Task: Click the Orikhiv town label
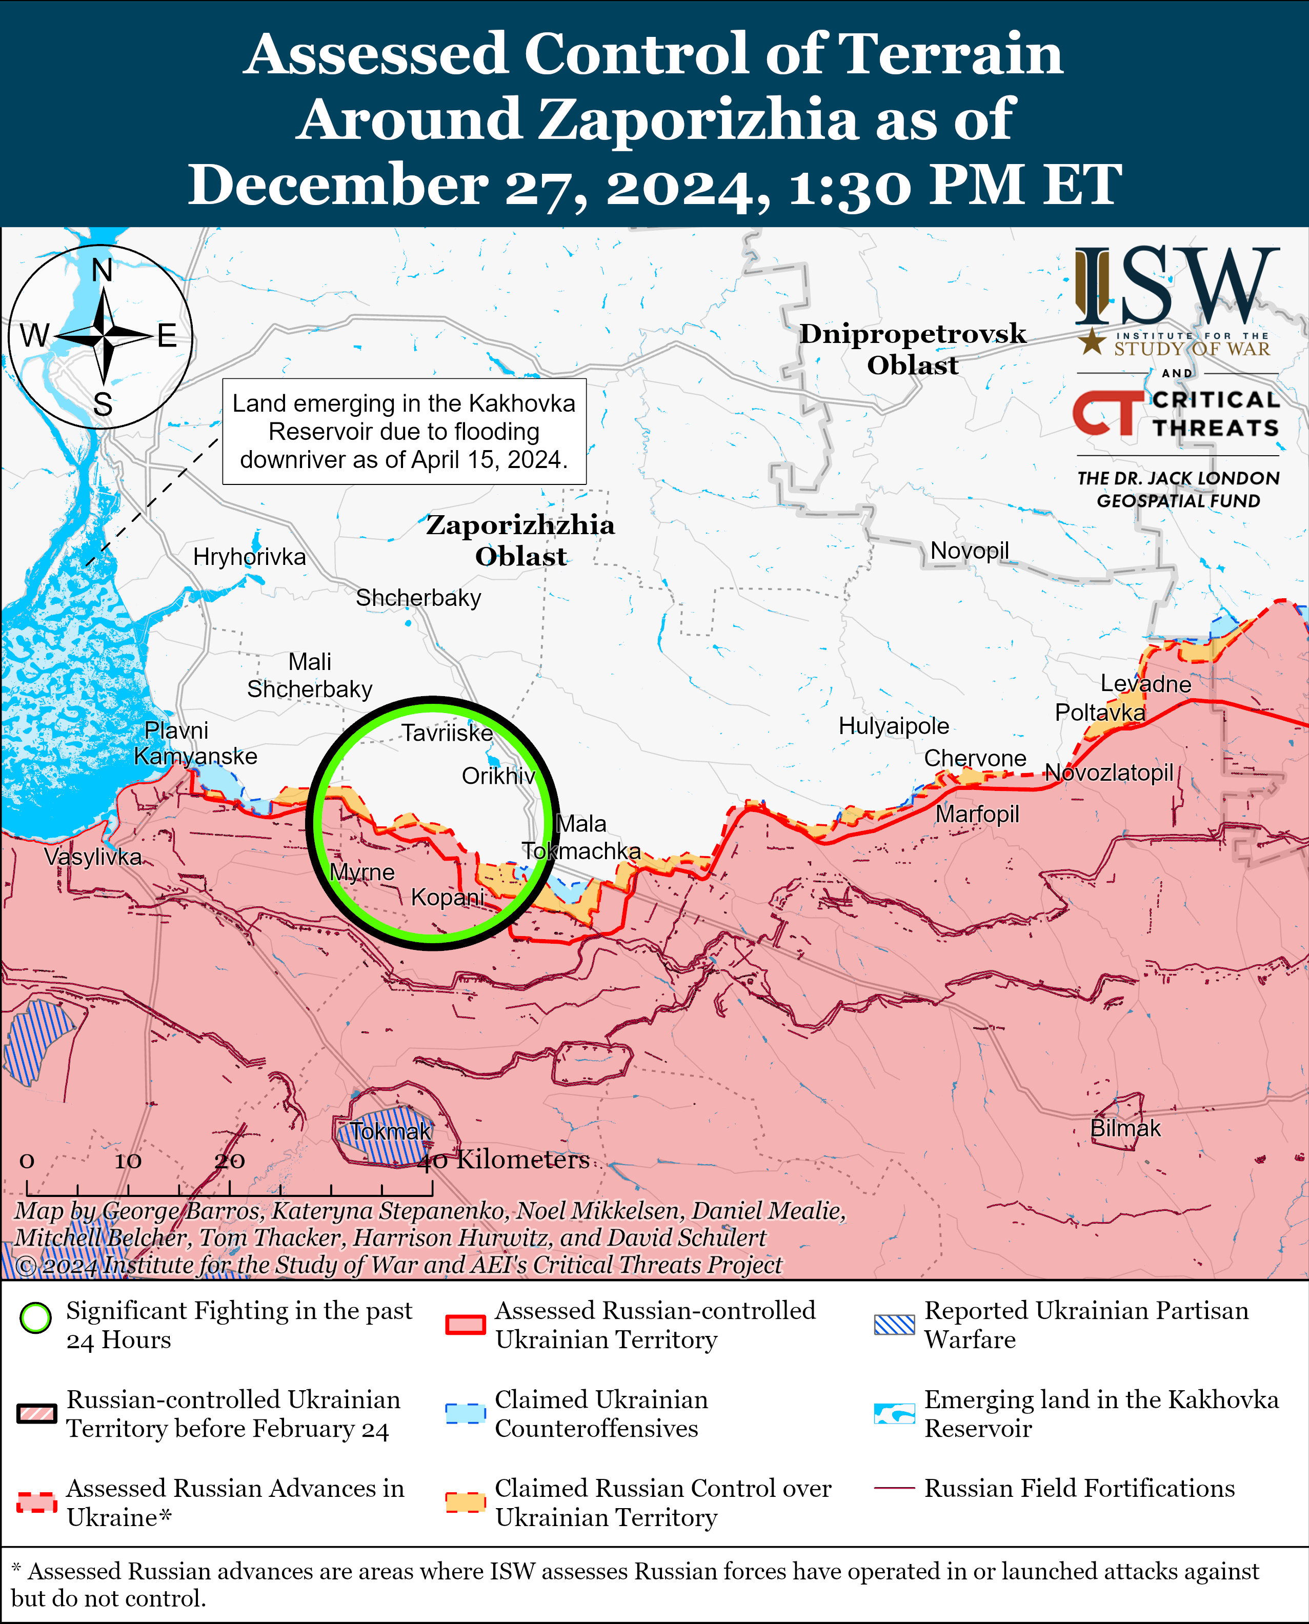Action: pos(498,776)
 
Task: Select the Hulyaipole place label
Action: pos(894,726)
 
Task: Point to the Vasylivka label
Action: pos(93,857)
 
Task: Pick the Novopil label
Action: pos(969,551)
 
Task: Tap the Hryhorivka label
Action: pos(250,557)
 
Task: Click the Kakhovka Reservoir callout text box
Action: pos(404,431)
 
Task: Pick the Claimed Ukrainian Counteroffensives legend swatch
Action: pos(465,1414)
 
